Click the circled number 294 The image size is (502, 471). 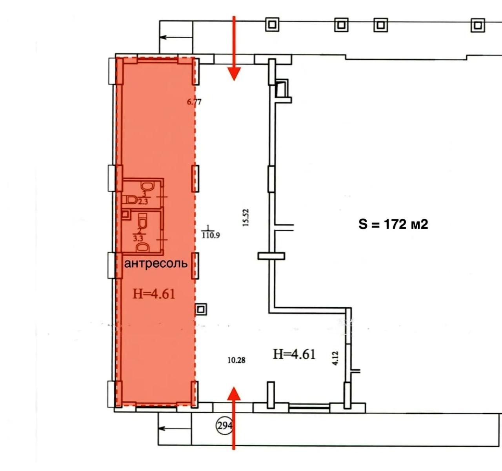(224, 426)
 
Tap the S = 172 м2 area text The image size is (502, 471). (393, 224)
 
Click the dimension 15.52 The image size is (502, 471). (246, 218)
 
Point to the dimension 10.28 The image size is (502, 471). (236, 360)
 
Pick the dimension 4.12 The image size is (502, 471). (335, 358)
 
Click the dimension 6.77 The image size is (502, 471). (194, 102)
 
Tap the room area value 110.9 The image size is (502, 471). (211, 235)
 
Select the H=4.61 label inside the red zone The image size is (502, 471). (154, 294)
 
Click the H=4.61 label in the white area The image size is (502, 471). (294, 354)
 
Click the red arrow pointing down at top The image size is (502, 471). (234, 48)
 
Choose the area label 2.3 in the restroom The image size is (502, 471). (143, 202)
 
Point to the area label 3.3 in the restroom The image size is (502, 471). (138, 238)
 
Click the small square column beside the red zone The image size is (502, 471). (201, 309)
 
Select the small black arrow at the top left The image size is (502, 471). (176, 37)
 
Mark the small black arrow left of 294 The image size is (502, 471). (175, 429)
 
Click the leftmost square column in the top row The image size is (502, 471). (272, 25)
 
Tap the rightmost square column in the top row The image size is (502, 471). (478, 25)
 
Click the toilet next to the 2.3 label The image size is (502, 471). (131, 200)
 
